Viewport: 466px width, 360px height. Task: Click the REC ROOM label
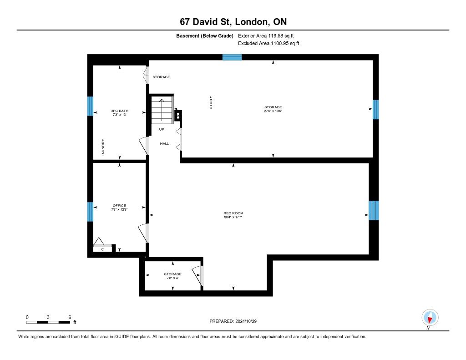pos(233,213)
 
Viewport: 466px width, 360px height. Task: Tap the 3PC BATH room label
pos(120,111)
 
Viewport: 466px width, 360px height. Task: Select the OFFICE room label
pos(119,205)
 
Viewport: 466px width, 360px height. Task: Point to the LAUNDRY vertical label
pos(103,147)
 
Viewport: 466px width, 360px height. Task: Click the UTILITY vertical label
pos(211,102)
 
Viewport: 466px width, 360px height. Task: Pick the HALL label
pos(164,143)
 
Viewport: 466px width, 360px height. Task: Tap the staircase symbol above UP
pos(162,110)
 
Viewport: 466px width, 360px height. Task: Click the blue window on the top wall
pos(232,57)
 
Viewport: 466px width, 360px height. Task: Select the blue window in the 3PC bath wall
pos(90,106)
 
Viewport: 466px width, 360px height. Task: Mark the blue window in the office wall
pos(90,212)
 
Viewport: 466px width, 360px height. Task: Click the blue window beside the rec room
pos(374,210)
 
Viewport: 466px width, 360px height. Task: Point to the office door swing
pos(143,233)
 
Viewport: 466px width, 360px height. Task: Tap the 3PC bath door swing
pos(144,145)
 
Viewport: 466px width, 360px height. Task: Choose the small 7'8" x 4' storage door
pos(198,276)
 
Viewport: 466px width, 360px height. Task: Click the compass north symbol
pos(430,318)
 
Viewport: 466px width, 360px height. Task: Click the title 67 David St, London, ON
pos(233,22)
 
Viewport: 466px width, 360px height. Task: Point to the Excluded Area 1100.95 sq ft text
pos(268,43)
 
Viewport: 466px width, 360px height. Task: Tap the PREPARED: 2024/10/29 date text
pos(233,321)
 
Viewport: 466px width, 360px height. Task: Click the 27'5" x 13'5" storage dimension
pos(273,111)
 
